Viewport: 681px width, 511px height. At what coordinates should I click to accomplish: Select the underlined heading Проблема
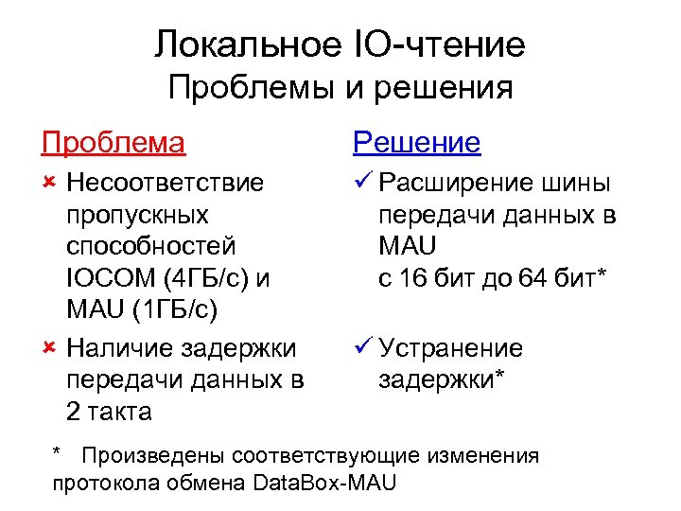113,143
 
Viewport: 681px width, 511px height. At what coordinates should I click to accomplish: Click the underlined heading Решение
416,143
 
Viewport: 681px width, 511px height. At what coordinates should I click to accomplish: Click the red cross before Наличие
50,349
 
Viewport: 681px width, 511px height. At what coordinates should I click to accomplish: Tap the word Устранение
450,348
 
